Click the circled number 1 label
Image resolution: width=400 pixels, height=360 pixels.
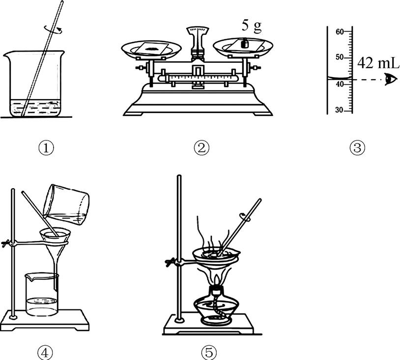click(46, 148)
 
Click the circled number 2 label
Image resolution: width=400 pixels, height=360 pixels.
click(201, 148)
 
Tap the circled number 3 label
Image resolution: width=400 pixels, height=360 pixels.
click(357, 148)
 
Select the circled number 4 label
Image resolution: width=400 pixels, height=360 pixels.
click(45, 353)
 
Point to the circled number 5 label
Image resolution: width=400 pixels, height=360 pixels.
click(209, 353)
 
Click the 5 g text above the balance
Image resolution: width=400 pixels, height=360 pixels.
click(252, 26)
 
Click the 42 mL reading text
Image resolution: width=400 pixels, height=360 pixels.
click(378, 63)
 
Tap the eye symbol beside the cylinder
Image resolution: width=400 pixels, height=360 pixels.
click(391, 79)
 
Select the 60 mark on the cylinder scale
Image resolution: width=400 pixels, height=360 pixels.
click(340, 32)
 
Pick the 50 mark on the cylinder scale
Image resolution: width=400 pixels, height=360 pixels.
click(340, 57)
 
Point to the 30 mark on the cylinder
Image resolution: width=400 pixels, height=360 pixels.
click(339, 110)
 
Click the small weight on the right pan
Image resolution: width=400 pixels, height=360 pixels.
click(245, 43)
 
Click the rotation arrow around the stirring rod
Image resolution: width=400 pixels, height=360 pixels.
click(54, 29)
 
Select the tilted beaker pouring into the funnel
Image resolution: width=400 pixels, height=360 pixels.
click(66, 204)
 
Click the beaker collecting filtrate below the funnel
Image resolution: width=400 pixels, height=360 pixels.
click(42, 295)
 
